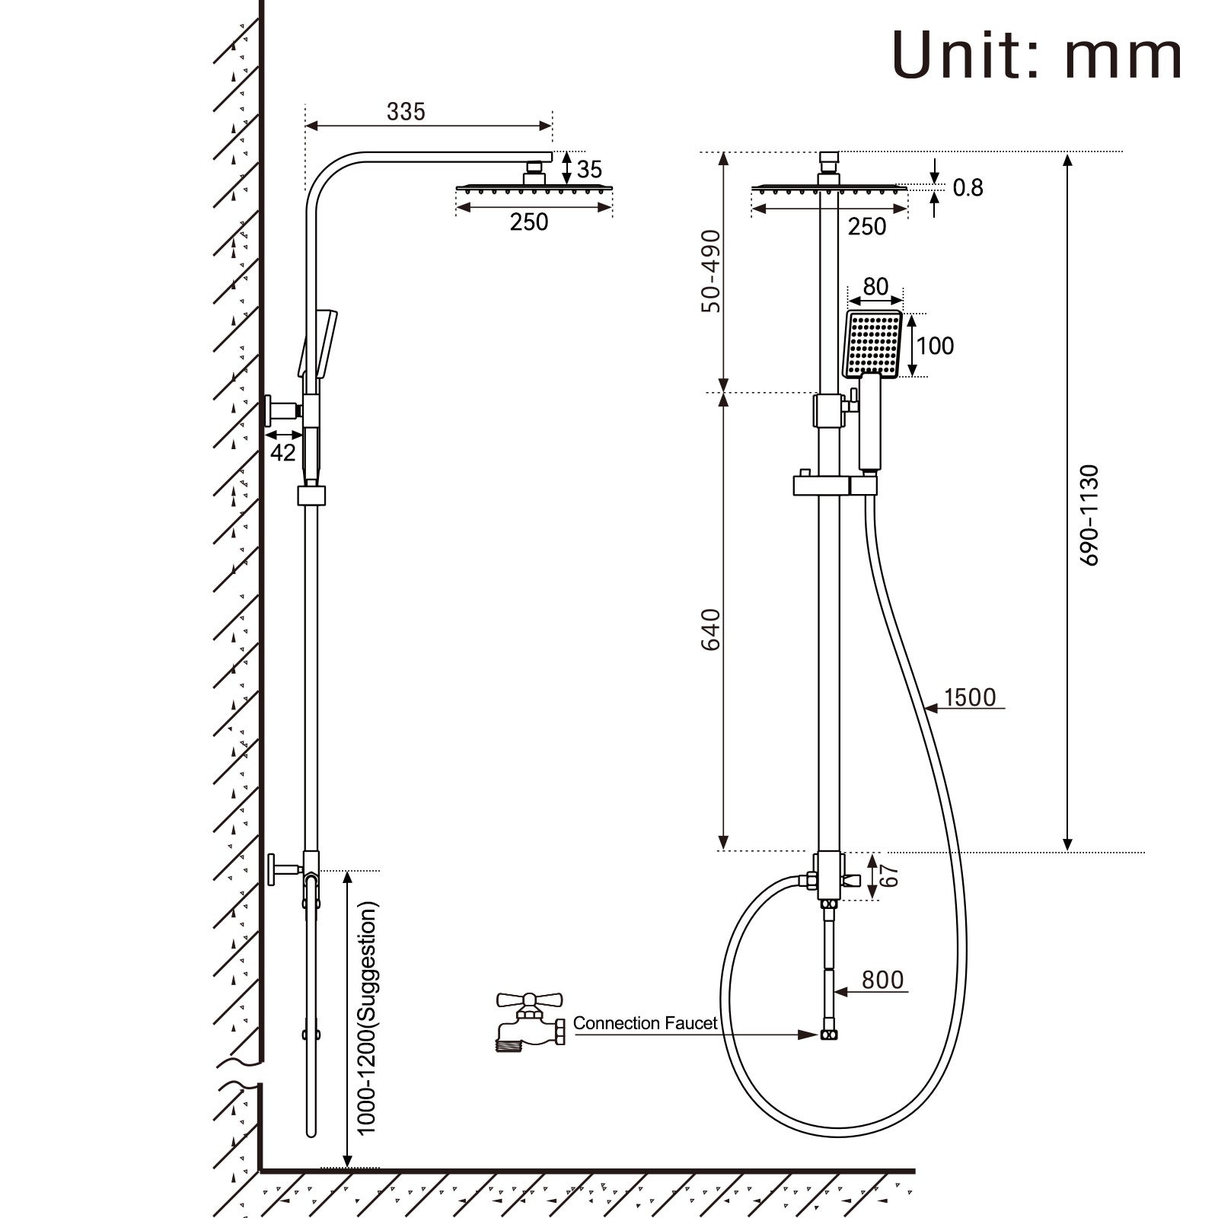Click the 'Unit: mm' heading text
(1037, 55)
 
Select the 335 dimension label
(406, 112)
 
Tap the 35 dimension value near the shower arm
(589, 169)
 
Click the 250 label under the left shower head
(528, 222)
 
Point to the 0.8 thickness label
(968, 187)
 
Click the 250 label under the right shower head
(866, 226)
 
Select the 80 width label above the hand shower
(875, 286)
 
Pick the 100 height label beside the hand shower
(935, 346)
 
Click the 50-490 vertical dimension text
(711, 270)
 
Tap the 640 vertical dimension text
(711, 629)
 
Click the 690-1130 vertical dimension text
(1090, 515)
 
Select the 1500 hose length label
(969, 697)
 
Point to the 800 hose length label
(882, 980)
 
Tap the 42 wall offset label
(282, 452)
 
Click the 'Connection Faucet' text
(645, 1023)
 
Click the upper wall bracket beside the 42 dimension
(282, 411)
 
